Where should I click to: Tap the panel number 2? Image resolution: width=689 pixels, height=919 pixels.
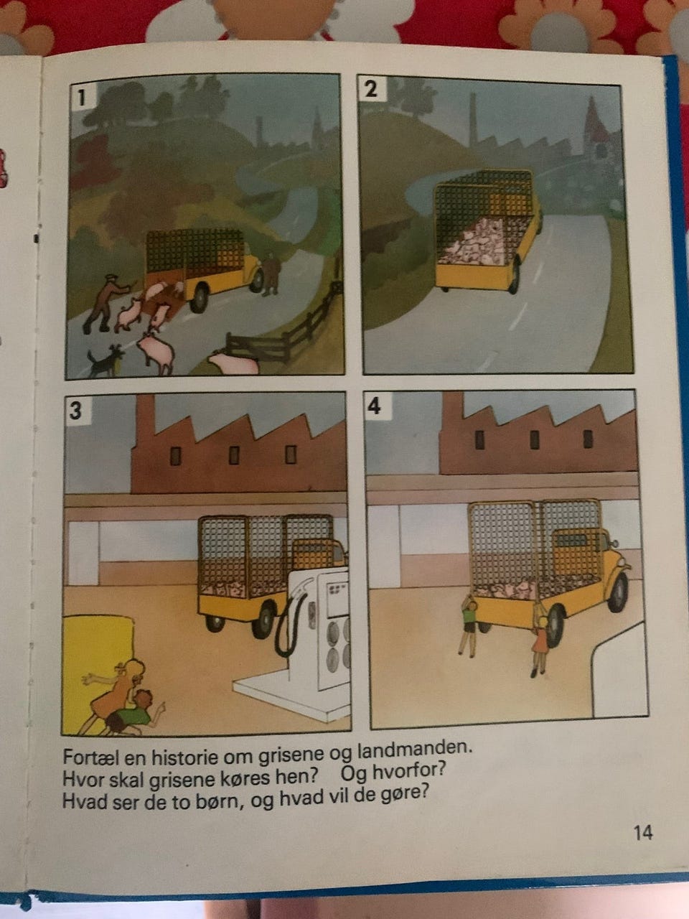[x=370, y=89]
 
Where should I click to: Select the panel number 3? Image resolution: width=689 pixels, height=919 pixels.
[x=76, y=410]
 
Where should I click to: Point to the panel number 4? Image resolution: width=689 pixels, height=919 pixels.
[x=375, y=405]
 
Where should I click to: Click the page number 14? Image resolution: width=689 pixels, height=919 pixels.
[x=643, y=833]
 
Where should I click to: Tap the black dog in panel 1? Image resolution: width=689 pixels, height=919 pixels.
[x=105, y=360]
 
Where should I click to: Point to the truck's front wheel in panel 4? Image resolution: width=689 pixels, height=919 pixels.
[x=617, y=592]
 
